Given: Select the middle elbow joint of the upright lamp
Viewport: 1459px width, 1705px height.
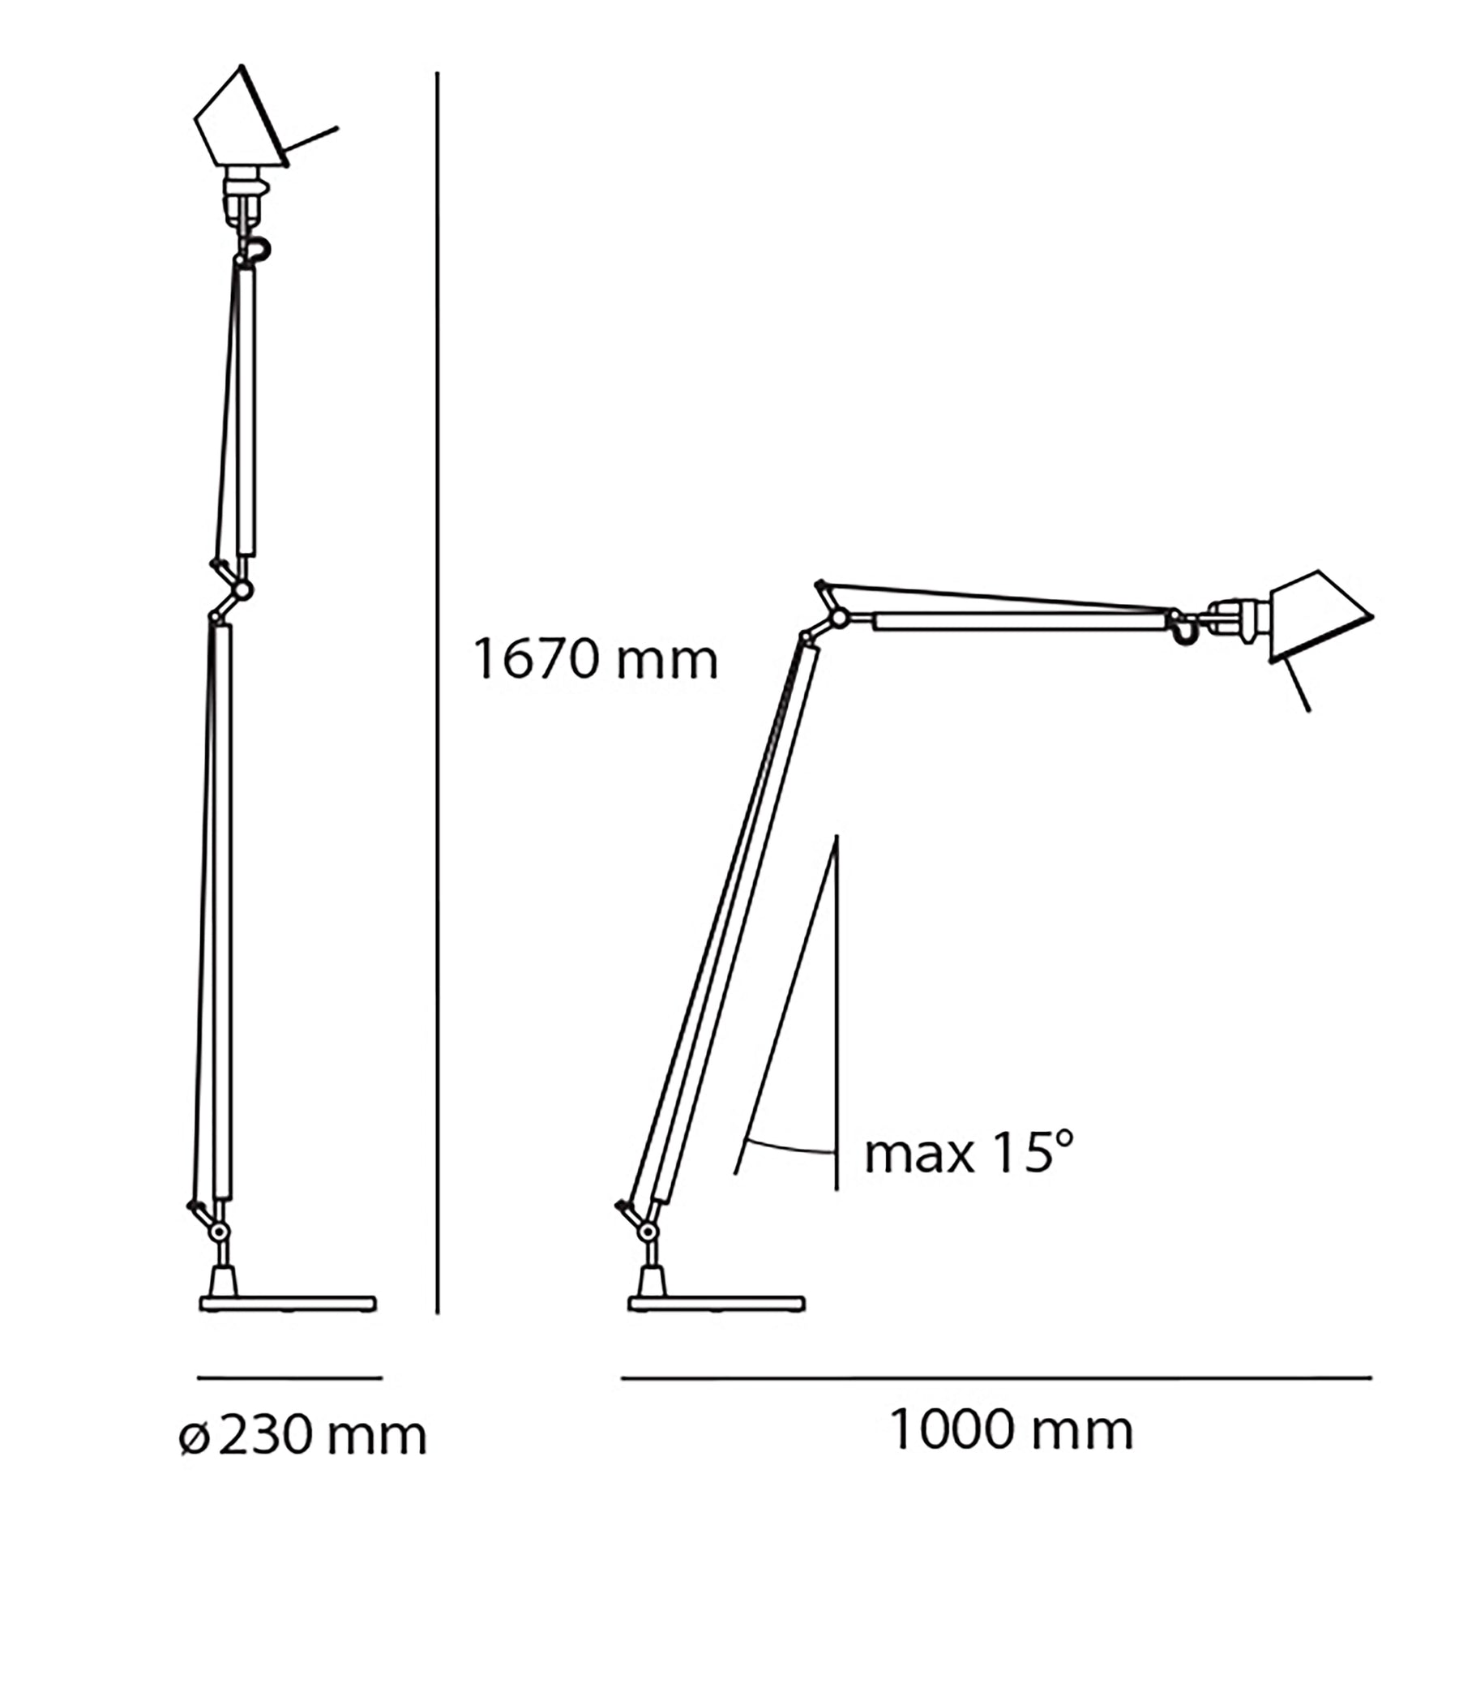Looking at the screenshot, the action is coord(242,589).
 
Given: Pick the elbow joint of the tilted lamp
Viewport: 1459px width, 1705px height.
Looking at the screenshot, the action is coord(838,617).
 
